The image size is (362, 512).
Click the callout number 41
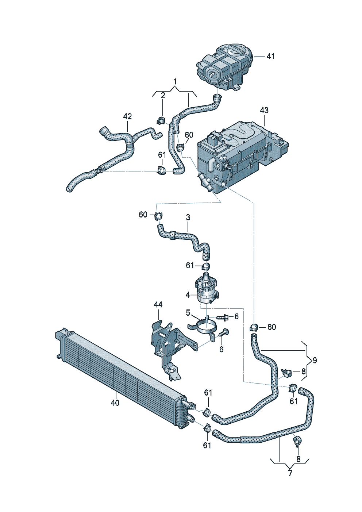(270, 56)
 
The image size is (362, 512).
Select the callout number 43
(264, 110)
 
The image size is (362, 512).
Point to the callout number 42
(127, 116)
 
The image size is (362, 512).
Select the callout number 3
(188, 217)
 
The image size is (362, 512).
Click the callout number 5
(188, 312)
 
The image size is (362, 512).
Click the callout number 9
(315, 361)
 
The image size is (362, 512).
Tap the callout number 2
(163, 96)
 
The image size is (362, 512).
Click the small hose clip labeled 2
(162, 120)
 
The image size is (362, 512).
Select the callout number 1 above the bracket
(175, 81)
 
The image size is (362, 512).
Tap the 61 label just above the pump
(190, 265)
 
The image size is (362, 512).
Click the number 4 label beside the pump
(188, 295)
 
